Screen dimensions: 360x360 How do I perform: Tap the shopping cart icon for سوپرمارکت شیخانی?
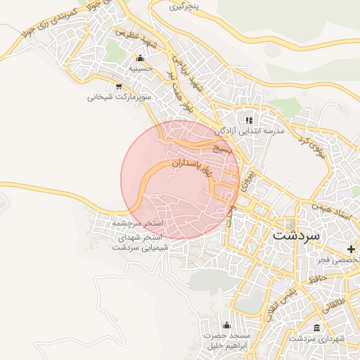click(x=118, y=86)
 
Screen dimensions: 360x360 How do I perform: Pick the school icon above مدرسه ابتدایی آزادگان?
click(x=249, y=120)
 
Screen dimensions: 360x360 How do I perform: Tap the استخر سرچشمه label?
click(x=137, y=223)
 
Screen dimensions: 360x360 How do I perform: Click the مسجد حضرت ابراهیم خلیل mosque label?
click(x=226, y=342)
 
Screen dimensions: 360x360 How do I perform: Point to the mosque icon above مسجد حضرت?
click(x=226, y=325)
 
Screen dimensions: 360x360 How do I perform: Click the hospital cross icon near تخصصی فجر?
click(x=350, y=250)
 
